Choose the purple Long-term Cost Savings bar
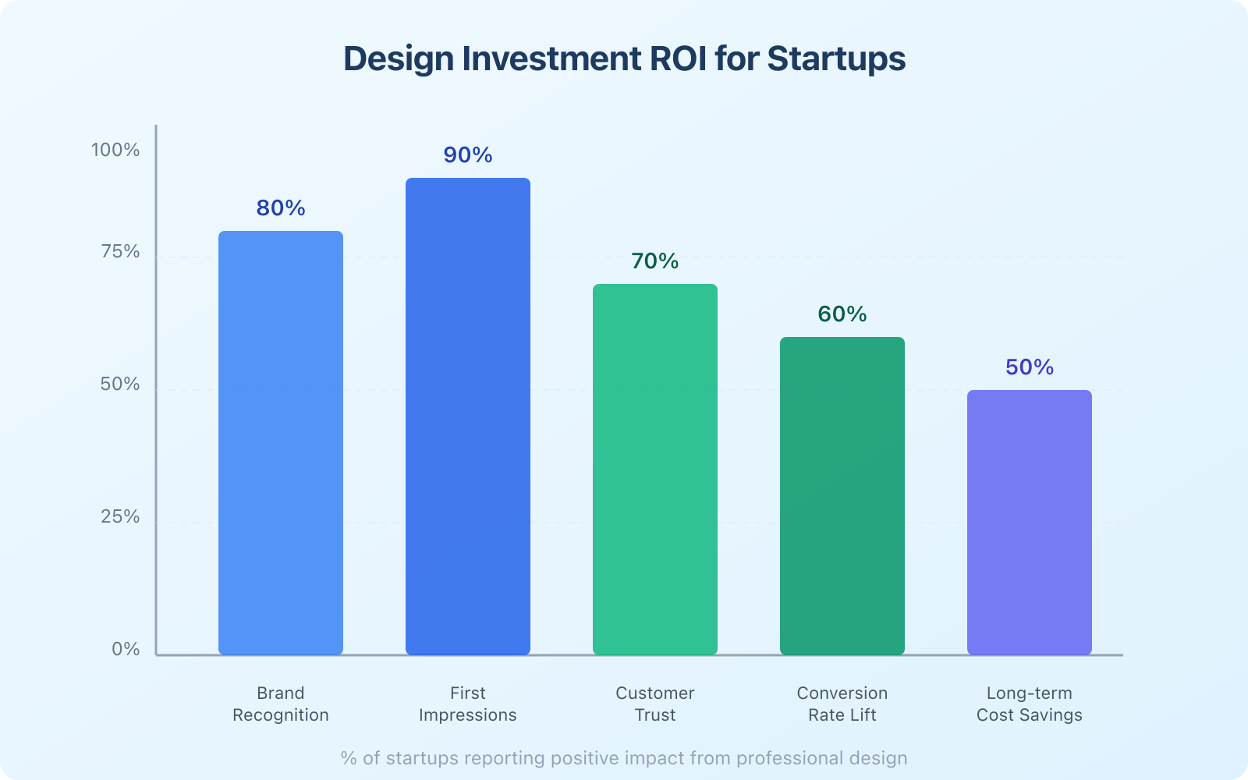(1030, 523)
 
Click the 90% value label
(468, 155)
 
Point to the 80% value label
(281, 208)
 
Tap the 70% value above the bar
(655, 261)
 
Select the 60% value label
(842, 314)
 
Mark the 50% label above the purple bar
(1030, 367)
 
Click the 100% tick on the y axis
(115, 150)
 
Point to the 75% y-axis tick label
(120, 252)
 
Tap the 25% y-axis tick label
(120, 517)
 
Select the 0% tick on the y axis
(126, 650)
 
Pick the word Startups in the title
(836, 59)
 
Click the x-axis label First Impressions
(468, 704)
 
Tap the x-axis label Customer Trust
(655, 704)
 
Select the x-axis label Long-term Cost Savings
(1030, 704)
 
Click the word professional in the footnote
(787, 758)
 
